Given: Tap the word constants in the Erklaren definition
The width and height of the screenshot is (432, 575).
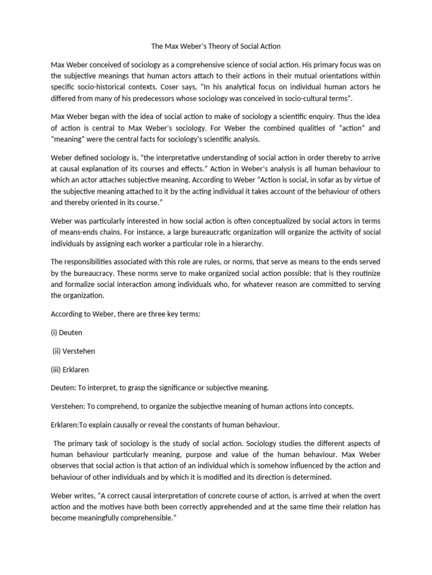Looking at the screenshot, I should tap(209, 425).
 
